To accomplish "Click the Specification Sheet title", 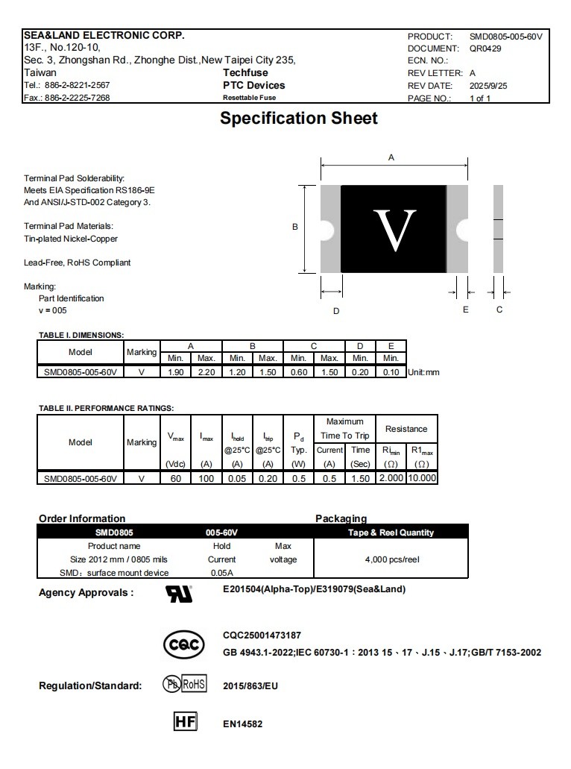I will point(298,119).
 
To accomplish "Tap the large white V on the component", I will point(394,230).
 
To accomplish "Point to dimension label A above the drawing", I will point(391,157).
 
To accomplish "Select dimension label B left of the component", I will point(295,227).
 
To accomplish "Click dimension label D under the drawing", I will point(336,310).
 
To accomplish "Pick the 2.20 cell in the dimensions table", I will point(206,372).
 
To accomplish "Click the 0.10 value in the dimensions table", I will point(391,372).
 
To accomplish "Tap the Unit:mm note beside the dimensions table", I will point(423,372).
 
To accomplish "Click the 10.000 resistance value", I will point(422,478).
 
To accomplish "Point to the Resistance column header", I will point(406,429).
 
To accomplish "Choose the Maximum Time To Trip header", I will point(344,429).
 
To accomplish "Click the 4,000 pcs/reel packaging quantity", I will point(392,559).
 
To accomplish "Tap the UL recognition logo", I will point(179,594).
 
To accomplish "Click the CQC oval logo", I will point(183,645).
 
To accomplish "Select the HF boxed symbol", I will point(185,722).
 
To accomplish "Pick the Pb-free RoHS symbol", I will point(184,685).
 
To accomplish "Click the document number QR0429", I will point(485,48).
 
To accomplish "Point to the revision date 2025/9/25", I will point(488,86).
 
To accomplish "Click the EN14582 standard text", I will point(242,724).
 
